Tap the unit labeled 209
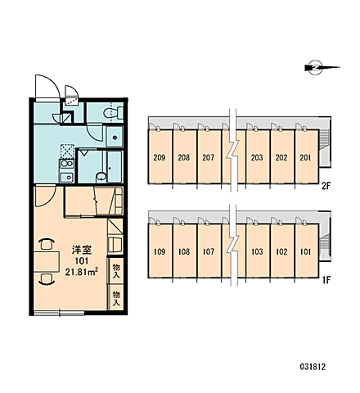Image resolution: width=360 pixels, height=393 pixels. [x=160, y=156]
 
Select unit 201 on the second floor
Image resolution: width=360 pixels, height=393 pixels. [x=307, y=156]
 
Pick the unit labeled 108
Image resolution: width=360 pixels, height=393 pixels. [x=184, y=251]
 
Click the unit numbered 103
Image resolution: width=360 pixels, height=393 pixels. [x=258, y=251]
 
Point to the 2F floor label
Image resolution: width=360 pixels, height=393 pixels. [x=326, y=186]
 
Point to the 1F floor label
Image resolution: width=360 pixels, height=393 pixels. [x=326, y=280]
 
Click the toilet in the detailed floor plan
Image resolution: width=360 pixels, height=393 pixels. [x=113, y=113]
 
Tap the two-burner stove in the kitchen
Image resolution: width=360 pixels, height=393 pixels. [x=67, y=165]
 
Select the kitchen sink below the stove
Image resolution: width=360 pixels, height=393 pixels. [x=67, y=178]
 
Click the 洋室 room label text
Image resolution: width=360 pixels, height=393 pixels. [x=82, y=251]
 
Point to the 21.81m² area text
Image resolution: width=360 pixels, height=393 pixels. [x=82, y=272]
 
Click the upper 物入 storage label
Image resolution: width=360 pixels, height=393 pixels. [x=116, y=271]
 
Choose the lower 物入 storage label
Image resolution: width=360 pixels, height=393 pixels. [x=116, y=298]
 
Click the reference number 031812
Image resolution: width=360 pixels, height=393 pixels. [x=313, y=367]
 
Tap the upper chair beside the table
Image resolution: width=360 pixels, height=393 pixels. [x=47, y=244]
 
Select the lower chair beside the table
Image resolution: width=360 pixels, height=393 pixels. [x=47, y=279]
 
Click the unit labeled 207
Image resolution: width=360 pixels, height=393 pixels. [x=209, y=156]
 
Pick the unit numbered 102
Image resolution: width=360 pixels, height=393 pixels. [x=282, y=251]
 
